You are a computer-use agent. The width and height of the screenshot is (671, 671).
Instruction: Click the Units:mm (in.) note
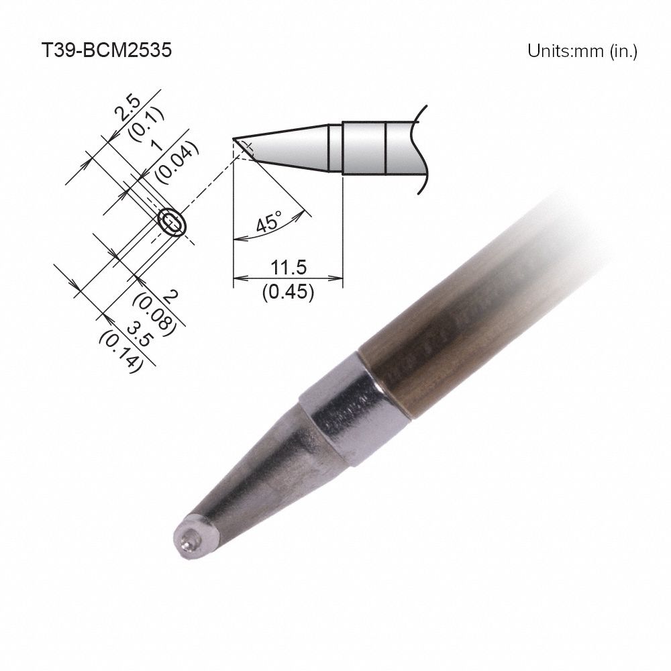[581, 51]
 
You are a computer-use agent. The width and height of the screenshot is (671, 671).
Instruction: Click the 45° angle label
[270, 221]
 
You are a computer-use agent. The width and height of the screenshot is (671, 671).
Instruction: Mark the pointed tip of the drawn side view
[235, 140]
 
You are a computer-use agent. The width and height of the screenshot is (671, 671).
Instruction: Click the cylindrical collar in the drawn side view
[364, 147]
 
